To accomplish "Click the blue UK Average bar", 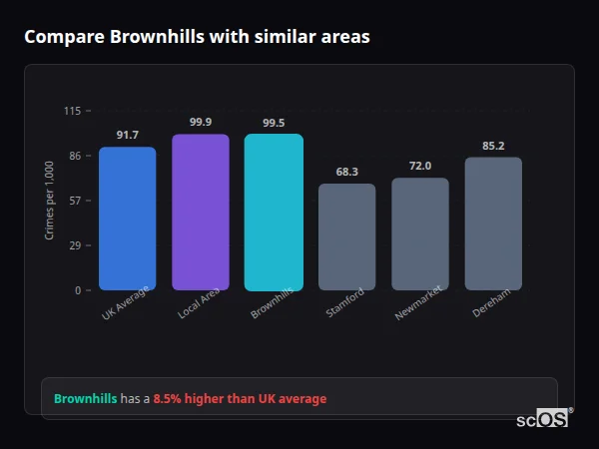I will pyautogui.click(x=127, y=219).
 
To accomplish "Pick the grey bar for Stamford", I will pyautogui.click(x=346, y=236).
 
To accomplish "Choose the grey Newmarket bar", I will pyautogui.click(x=420, y=233).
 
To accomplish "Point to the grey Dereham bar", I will pyautogui.click(x=493, y=224).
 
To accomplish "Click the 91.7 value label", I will pyautogui.click(x=127, y=135).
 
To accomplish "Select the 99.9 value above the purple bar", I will pyautogui.click(x=201, y=122).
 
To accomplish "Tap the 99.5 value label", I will pyautogui.click(x=274, y=123).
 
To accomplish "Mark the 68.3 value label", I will pyautogui.click(x=346, y=172).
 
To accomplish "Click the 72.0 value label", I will pyautogui.click(x=420, y=166).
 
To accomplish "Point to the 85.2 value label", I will pyautogui.click(x=493, y=146).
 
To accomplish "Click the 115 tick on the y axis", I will pyautogui.click(x=72, y=111).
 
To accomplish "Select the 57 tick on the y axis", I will pyautogui.click(x=75, y=201).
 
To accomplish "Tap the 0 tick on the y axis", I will pyautogui.click(x=78, y=290).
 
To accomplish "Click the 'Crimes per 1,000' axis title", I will pyautogui.click(x=50, y=201).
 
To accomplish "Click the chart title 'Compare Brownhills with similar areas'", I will pyautogui.click(x=197, y=37).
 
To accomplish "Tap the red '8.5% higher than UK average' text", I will pyautogui.click(x=240, y=399).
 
